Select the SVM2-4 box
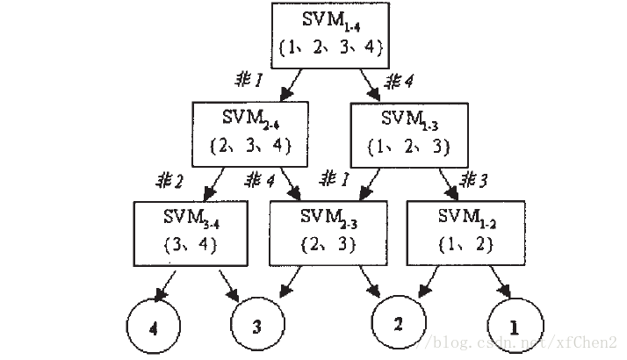coord(251,130)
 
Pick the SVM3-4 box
coord(189,230)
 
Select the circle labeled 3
coord(256,327)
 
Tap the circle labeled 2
coord(398,324)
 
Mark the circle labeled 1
coord(514,327)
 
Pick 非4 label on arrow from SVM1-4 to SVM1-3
coord(399,83)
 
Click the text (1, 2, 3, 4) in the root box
coord(330,47)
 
